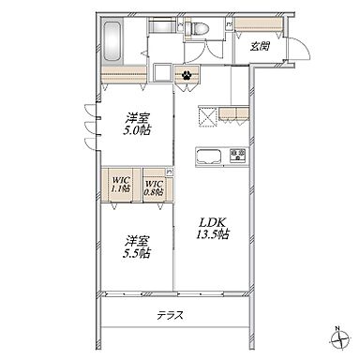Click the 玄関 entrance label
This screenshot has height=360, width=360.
[x=260, y=47]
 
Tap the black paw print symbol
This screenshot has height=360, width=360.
[x=187, y=75]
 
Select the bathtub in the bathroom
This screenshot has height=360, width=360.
[x=112, y=42]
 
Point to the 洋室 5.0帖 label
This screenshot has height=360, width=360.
[x=137, y=124]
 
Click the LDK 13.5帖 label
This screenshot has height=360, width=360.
[x=213, y=228]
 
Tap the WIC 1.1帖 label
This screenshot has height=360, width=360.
[x=121, y=185]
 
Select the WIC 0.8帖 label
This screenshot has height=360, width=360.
[x=154, y=187]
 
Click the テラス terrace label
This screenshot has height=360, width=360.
[x=170, y=315]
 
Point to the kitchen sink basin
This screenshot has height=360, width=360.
[x=209, y=157]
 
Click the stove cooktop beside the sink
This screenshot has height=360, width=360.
[x=238, y=155]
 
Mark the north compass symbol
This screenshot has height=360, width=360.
[x=339, y=340]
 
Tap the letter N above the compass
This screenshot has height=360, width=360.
[x=337, y=329]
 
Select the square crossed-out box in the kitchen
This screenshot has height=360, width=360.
[x=207, y=115]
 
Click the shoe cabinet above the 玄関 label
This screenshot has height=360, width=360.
[x=259, y=24]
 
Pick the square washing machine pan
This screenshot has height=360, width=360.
[x=162, y=73]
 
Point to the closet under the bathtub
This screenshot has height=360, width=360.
[x=124, y=74]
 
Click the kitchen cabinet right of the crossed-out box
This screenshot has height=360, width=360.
[x=233, y=113]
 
